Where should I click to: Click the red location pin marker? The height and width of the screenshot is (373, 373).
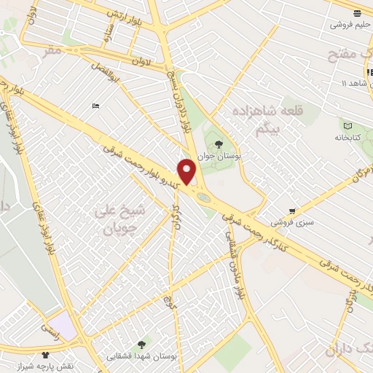point(187,171)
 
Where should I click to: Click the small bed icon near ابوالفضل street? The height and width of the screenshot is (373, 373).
point(95,106)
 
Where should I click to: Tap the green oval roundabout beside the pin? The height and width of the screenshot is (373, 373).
point(203,196)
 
